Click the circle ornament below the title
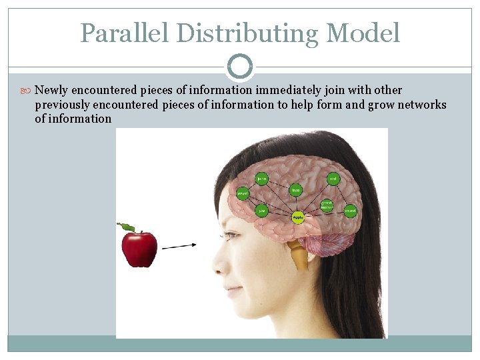[x=240, y=67]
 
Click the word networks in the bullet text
[x=422, y=105]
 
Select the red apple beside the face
[x=139, y=249]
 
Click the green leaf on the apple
[x=126, y=228]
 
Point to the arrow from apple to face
[x=179, y=246]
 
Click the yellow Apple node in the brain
[x=298, y=217]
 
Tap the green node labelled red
[x=333, y=179]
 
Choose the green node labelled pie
[x=262, y=211]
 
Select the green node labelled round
[x=350, y=211]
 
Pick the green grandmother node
[x=327, y=204]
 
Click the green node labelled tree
[x=296, y=191]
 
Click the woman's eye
[x=232, y=235]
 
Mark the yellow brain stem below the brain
[x=298, y=255]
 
